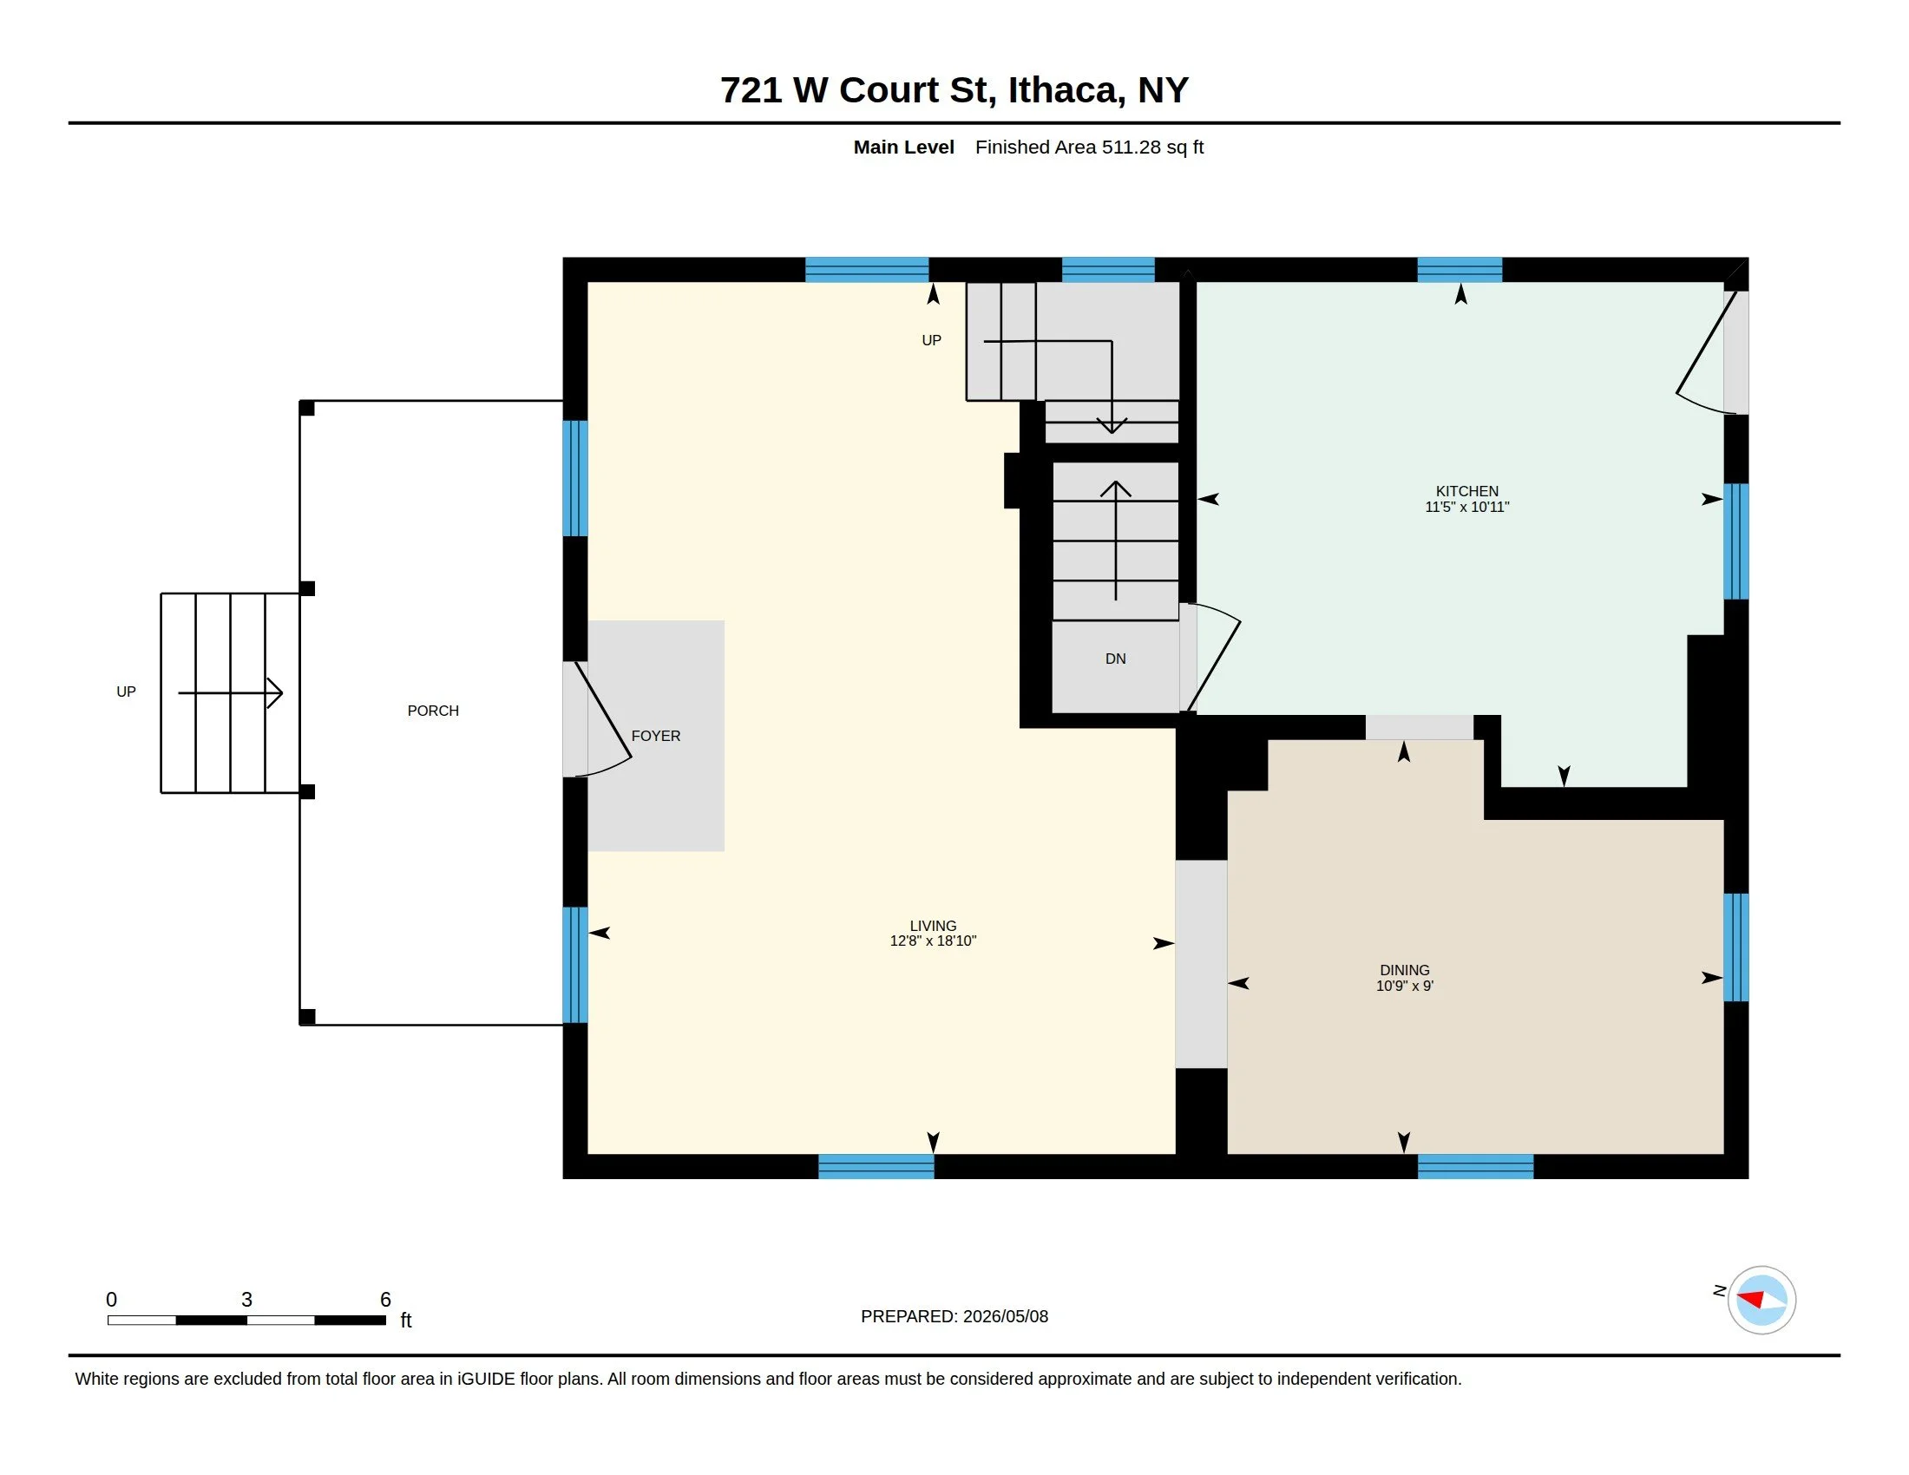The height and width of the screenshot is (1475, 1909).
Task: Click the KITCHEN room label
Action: click(x=1466, y=491)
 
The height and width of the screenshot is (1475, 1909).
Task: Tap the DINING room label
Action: click(x=1405, y=970)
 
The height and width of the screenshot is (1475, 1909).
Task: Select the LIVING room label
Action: click(x=933, y=926)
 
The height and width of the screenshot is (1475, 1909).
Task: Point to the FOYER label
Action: click(x=655, y=736)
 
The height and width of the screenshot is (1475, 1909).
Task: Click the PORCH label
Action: click(x=433, y=711)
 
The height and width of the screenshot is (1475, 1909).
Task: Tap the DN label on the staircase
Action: click(x=1115, y=659)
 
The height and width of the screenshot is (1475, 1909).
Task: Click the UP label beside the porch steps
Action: click(x=126, y=692)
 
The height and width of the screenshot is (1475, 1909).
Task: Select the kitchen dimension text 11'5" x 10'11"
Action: click(x=1466, y=507)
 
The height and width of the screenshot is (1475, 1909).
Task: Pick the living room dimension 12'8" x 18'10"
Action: click(x=933, y=941)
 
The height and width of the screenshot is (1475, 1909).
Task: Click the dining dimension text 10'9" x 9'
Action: click(x=1405, y=986)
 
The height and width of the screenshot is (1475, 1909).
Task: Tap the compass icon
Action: click(x=1761, y=1301)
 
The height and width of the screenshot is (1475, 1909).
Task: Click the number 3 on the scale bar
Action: click(x=246, y=1300)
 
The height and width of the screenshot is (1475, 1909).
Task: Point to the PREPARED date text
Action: click(x=954, y=1316)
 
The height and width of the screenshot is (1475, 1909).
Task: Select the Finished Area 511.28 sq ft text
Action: click(x=1089, y=147)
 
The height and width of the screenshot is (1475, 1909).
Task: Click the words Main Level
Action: click(x=904, y=147)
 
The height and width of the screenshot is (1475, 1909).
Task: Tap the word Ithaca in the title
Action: click(x=1062, y=91)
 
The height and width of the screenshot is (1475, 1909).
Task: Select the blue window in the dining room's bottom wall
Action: click(x=1475, y=1166)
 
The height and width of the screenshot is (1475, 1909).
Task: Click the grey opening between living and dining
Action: click(x=1201, y=964)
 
